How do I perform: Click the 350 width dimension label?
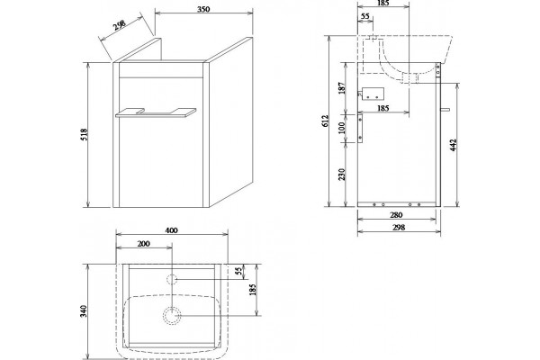tap(203, 9)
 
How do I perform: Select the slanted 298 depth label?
tap(119, 25)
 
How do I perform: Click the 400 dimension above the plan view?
tap(171, 230)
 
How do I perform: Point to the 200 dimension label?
tap(143, 244)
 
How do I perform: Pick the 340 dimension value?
tap(85, 311)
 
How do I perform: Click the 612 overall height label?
tap(326, 121)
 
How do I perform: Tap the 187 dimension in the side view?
tap(341, 88)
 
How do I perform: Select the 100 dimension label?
tap(341, 128)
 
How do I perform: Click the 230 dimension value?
tap(341, 175)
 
